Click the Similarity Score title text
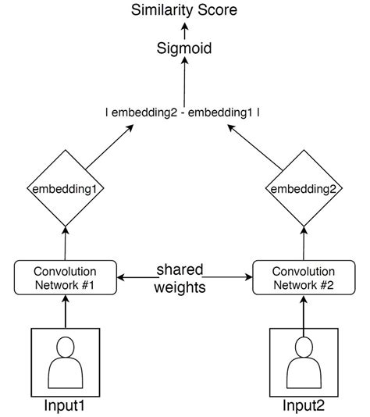click(x=185, y=10)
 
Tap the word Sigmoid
click(x=185, y=48)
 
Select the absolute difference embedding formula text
click(x=184, y=112)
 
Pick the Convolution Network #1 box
click(x=66, y=276)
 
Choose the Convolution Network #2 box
click(x=304, y=276)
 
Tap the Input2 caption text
click(x=304, y=407)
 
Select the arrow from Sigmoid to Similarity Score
click(x=185, y=30)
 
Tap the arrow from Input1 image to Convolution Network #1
click(x=66, y=312)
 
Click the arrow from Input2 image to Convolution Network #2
click(x=304, y=312)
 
